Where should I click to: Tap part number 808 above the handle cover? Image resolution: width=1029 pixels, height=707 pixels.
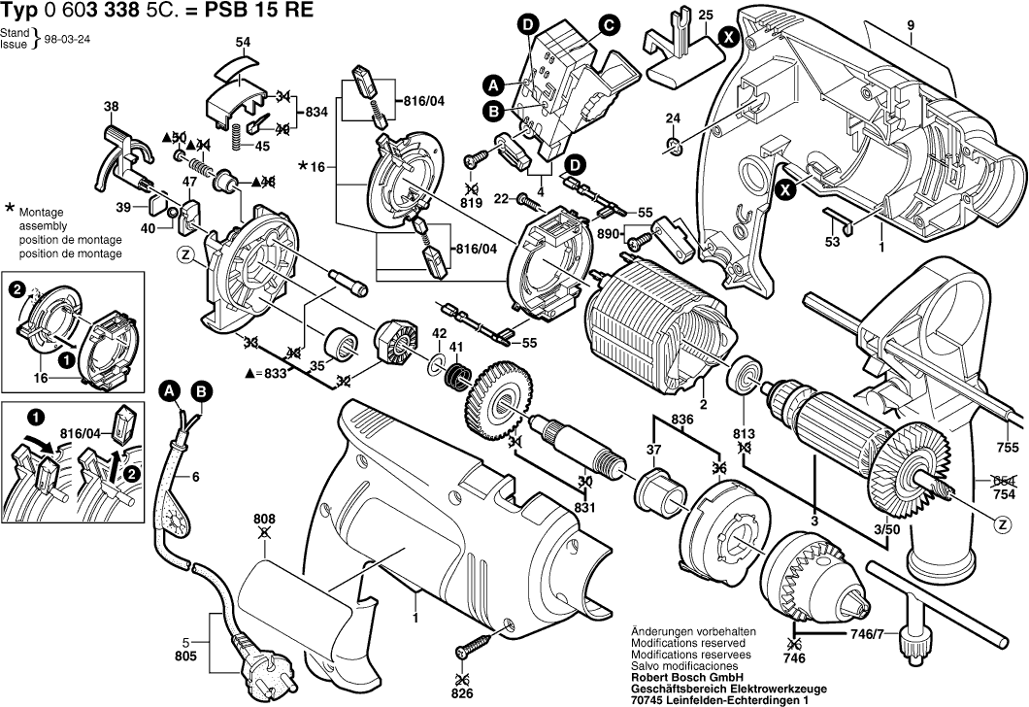[x=264, y=519]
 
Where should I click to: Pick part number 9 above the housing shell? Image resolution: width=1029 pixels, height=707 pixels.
[x=911, y=24]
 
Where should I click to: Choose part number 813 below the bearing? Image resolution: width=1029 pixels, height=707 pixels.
[x=745, y=433]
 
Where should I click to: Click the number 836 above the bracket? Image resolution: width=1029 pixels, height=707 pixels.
[x=680, y=420]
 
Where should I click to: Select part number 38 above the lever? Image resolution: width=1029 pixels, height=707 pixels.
[x=111, y=106]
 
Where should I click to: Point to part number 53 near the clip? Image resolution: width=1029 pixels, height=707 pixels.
[x=832, y=241]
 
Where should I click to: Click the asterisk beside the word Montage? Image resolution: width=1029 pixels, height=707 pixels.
[x=10, y=209]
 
